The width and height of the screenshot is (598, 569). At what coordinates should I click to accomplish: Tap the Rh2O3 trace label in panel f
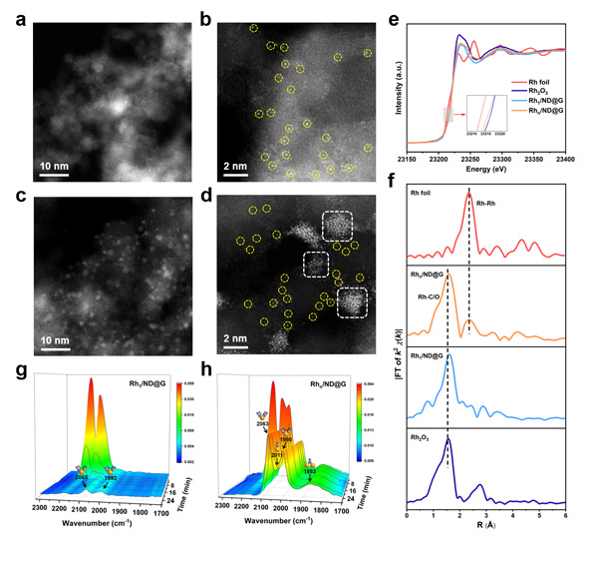tap(427, 437)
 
